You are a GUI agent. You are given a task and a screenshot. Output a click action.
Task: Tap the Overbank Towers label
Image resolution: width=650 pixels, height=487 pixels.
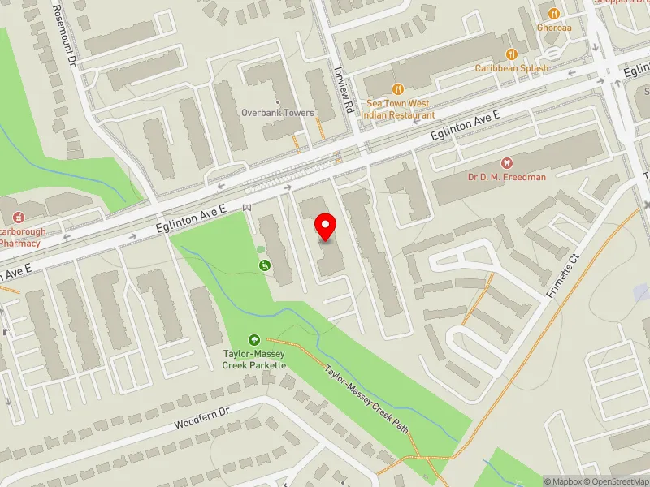tap(278, 113)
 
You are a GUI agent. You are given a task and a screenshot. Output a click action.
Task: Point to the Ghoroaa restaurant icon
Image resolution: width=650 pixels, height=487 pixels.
tap(554, 14)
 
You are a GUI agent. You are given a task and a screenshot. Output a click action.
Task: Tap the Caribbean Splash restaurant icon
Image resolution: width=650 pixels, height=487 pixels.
tap(512, 54)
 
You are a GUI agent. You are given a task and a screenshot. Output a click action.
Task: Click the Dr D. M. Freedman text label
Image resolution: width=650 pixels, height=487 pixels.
tap(507, 176)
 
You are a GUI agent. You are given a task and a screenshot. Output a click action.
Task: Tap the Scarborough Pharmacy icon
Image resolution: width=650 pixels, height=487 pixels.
tap(17, 218)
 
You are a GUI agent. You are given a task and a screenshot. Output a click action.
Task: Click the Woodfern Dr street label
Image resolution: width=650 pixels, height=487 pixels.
tap(202, 419)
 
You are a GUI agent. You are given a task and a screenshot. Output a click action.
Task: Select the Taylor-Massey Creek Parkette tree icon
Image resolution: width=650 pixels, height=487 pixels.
tap(254, 341)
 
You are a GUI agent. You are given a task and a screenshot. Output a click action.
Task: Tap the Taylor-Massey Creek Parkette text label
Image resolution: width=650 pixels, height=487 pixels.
tap(254, 360)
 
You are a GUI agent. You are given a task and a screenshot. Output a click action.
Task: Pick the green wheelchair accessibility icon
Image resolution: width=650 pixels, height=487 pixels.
tap(265, 265)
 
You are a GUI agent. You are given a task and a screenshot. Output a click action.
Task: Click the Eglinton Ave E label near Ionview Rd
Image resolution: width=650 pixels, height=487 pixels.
tap(465, 130)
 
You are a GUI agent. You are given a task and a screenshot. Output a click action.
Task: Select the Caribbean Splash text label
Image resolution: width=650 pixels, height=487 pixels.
tap(512, 68)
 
